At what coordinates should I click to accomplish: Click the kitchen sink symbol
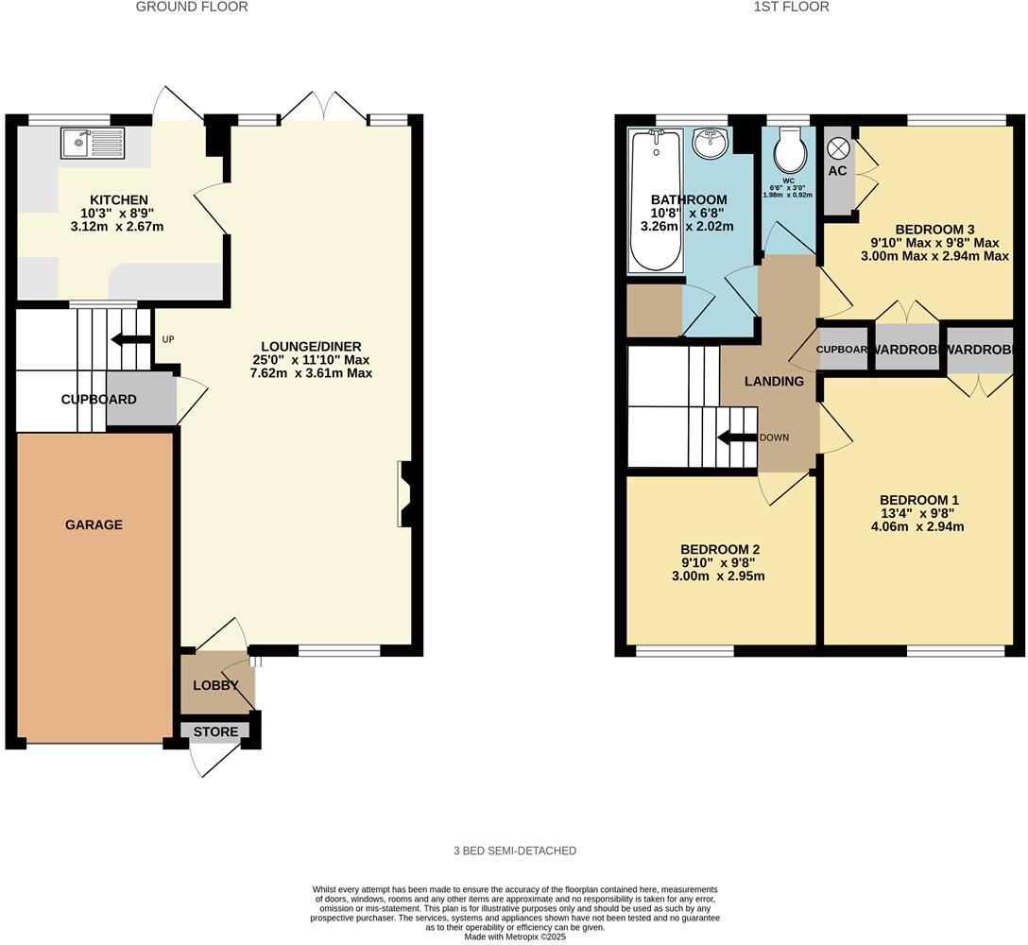pos(90,144)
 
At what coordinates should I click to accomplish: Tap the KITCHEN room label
pos(118,199)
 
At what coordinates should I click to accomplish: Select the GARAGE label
pos(94,524)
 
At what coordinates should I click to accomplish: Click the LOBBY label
pos(215,685)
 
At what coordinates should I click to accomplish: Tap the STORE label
pos(215,731)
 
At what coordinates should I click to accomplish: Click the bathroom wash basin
pos(709,145)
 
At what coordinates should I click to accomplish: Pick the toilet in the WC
pos(788,150)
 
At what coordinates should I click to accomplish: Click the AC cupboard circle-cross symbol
pos(837,148)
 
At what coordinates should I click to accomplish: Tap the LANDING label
pos(774,381)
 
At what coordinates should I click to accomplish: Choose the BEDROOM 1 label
pos(918,500)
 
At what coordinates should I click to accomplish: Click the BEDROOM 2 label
pos(720,549)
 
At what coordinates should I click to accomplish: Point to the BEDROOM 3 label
pos(934,229)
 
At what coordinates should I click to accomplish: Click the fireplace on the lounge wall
pos(405,492)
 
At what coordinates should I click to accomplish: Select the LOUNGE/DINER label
pos(312,346)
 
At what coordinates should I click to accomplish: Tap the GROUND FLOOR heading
pos(192,7)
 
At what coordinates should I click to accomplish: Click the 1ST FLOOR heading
pos(791,7)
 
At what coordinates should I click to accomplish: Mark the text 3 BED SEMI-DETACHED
pos(514,850)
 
